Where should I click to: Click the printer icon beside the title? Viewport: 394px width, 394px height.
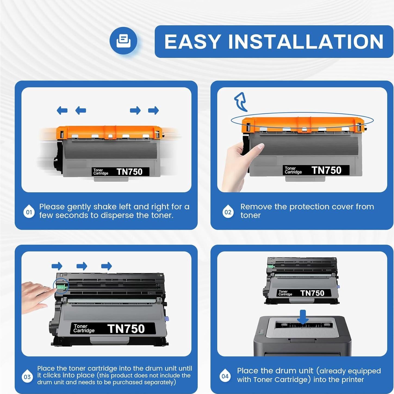click(123, 41)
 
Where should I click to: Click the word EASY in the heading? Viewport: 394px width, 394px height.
click(193, 42)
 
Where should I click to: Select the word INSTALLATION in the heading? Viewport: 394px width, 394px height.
click(306, 42)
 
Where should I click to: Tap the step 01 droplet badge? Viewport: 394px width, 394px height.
click(29, 212)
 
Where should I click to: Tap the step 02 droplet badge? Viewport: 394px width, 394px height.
click(228, 212)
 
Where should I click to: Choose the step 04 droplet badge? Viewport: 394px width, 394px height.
click(225, 376)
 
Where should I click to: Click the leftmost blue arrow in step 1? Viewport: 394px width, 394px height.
click(62, 110)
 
